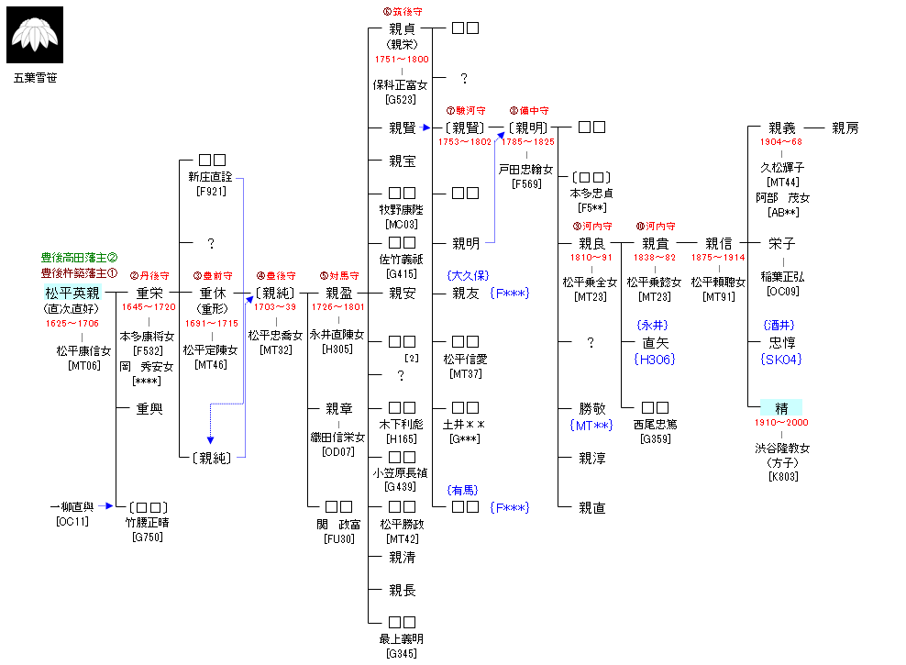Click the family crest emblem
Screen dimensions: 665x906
36,35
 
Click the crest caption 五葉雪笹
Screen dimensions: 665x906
36,78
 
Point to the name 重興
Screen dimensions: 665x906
149,409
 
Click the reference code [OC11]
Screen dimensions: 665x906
72,523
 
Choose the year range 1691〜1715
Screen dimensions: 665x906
211,324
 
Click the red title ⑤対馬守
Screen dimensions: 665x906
338,275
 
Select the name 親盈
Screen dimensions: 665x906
338,294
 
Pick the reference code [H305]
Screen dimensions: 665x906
337,349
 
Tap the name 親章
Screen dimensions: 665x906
338,409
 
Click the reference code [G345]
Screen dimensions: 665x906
402,653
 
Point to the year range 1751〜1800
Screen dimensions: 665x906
402,59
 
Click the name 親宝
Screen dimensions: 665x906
402,161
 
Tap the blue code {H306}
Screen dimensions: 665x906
654,359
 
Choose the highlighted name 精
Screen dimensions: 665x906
782,408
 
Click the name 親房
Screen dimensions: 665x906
845,128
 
